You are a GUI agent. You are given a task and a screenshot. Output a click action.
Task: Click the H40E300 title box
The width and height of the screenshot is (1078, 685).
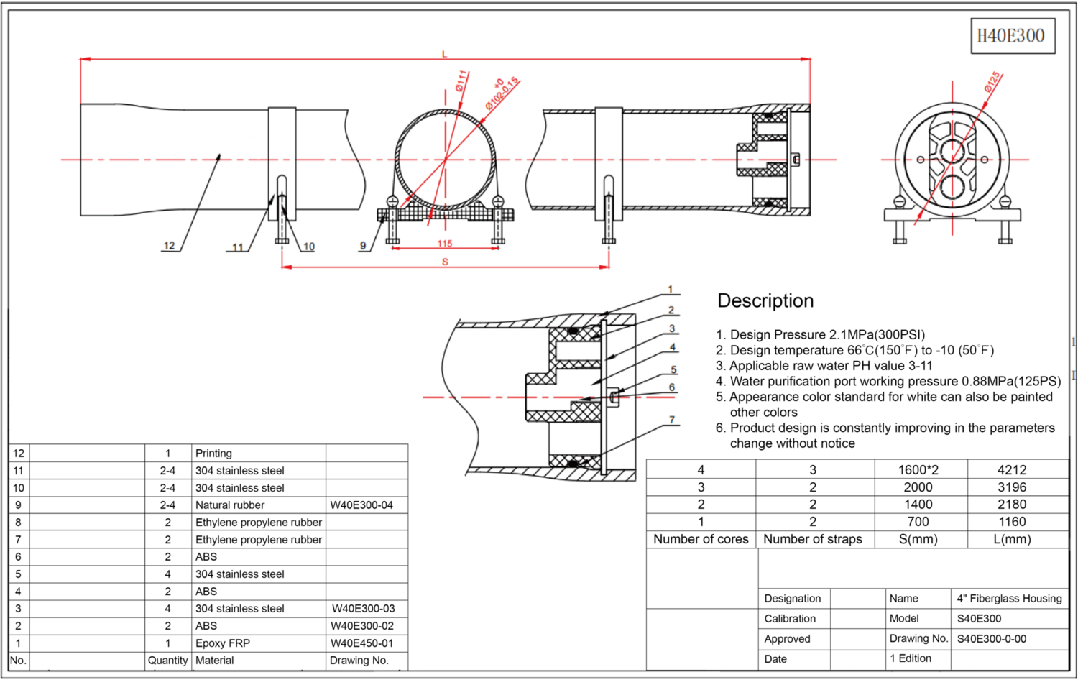coord(1012,36)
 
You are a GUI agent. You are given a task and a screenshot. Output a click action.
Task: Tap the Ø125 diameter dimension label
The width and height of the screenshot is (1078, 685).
coord(992,82)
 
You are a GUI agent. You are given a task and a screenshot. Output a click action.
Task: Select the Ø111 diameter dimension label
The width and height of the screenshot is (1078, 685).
coord(462,80)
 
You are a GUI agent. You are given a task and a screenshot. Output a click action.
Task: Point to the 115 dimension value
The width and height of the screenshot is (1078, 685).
coord(445,244)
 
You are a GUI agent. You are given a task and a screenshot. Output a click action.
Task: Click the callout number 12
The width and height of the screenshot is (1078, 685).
coord(169,246)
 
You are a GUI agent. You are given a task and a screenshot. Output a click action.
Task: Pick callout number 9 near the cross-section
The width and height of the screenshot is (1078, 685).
coord(363,246)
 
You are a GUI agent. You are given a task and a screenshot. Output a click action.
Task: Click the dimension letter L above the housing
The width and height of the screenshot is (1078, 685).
coord(445,54)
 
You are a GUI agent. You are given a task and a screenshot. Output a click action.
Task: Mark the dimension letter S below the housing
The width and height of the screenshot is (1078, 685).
coord(445,262)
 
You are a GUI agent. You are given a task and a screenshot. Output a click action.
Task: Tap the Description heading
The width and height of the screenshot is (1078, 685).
coord(765,300)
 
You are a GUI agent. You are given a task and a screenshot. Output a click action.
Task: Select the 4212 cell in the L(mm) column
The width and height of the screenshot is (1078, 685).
coord(1012,470)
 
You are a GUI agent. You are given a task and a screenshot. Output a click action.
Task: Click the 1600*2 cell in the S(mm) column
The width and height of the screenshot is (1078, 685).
coord(918,470)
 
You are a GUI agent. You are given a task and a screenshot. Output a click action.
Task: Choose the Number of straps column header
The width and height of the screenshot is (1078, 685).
coord(813,539)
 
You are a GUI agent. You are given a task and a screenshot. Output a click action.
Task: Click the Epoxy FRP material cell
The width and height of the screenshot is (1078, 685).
coord(223,643)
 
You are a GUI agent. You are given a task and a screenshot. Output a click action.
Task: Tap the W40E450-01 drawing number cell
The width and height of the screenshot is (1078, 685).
coord(362,643)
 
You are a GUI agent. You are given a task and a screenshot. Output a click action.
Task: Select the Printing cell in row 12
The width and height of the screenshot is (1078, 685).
coord(213,454)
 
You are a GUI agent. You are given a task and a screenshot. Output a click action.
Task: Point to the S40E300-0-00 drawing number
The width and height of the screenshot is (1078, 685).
coord(992,639)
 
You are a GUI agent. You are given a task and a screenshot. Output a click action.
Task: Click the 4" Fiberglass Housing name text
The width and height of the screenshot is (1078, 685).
coord(1009,599)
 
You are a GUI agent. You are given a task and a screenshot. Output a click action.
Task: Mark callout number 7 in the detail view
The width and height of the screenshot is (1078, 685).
coord(672,420)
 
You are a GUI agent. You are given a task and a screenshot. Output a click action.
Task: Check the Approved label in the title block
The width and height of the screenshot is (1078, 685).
coord(787,639)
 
